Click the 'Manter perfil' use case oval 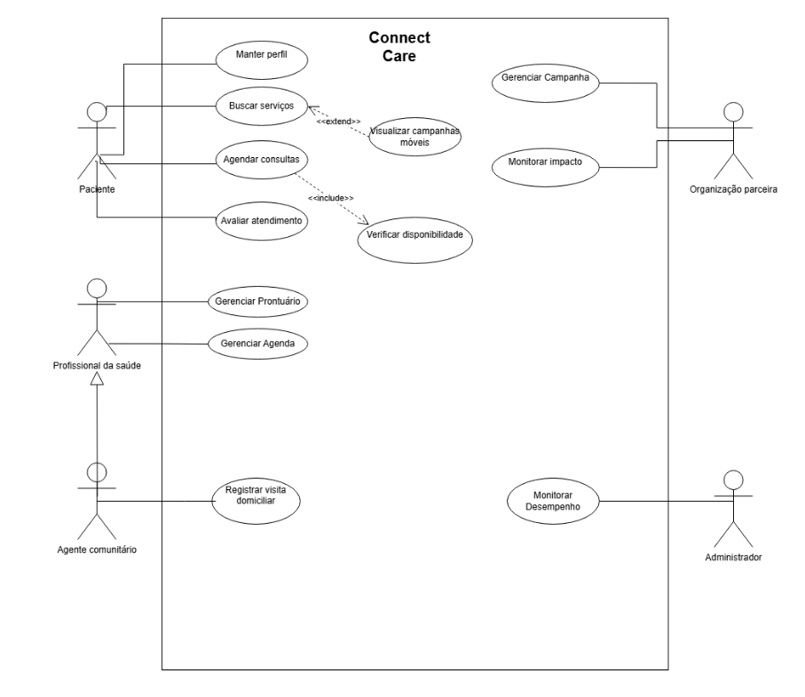pos(262,59)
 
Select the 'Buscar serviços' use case pos(262,107)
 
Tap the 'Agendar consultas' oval pos(262,162)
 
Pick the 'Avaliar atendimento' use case pos(262,221)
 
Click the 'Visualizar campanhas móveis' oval pos(414,135)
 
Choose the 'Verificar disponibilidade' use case pos(415,237)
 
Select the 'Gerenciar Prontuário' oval pos(256,301)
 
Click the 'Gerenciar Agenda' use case pos(256,344)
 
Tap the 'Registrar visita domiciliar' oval pos(256,494)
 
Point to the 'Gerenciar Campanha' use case pos(546,79)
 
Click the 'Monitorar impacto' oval pos(546,164)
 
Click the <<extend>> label pos(339,121)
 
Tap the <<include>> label pos(330,197)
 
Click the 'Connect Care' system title pos(399,47)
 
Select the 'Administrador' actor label pos(732,558)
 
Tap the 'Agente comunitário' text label pos(96,549)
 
